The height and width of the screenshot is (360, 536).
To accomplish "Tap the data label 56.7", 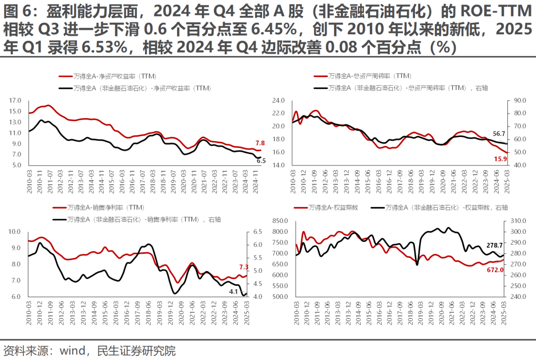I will [498, 133].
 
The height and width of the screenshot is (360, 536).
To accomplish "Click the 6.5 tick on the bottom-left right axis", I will [258, 231].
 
